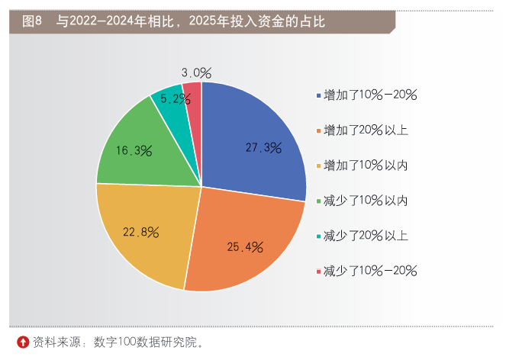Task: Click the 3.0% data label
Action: (x=196, y=73)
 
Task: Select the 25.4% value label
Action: (x=245, y=246)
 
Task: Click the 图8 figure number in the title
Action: (x=31, y=21)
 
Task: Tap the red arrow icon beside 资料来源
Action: (x=23, y=342)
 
